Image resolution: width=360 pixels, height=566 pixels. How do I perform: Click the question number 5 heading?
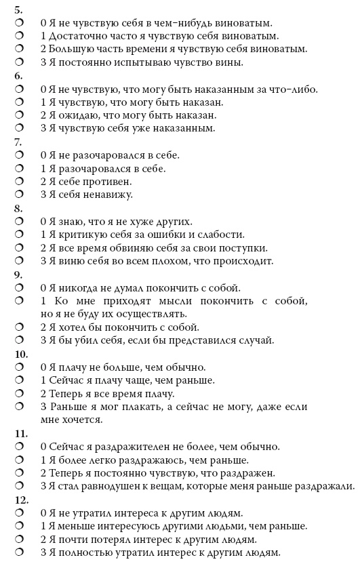pos(18,9)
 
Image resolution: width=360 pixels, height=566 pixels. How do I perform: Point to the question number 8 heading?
pos(18,208)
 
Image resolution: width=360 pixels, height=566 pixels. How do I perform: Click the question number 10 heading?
pos(21,354)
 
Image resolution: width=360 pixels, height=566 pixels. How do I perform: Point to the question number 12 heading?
pos(21,500)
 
